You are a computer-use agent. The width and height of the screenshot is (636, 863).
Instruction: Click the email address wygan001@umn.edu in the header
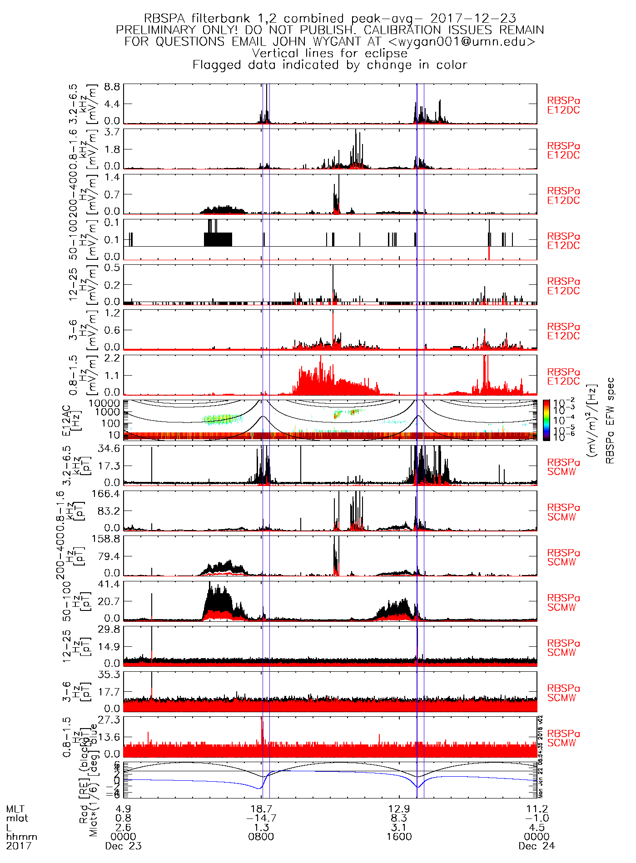click(463, 42)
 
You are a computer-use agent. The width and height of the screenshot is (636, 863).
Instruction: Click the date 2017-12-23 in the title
click(473, 19)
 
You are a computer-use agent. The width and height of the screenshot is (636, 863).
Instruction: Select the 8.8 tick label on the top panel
click(112, 87)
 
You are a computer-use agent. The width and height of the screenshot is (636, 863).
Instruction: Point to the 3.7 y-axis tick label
click(112, 132)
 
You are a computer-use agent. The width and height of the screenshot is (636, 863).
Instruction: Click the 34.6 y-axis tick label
click(109, 449)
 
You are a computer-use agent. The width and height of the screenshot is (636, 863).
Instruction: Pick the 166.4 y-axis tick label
click(107, 494)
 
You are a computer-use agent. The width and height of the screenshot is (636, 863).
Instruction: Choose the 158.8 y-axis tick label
click(107, 539)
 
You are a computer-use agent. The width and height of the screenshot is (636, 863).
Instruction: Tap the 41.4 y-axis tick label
click(109, 584)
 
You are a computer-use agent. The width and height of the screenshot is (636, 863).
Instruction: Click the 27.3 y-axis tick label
click(109, 720)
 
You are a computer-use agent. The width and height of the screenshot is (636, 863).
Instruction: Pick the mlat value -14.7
click(261, 818)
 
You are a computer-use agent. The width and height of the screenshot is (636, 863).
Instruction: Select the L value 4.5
click(537, 827)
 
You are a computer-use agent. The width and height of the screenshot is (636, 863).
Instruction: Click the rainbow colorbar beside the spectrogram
click(547, 420)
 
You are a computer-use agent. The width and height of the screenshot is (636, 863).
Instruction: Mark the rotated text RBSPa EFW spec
click(610, 420)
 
